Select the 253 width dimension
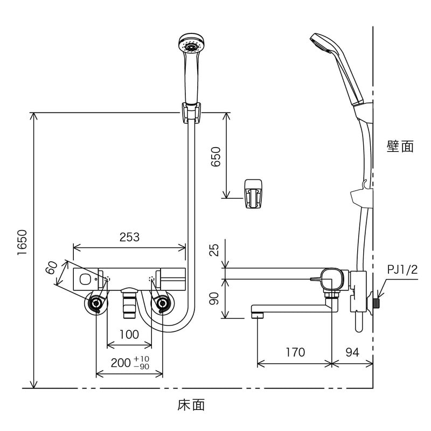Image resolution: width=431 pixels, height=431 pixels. pos(129,237)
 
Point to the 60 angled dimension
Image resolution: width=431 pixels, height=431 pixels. pos(52,267)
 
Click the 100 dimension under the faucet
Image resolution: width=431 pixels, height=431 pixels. pos(129,334)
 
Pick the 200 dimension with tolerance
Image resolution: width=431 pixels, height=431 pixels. pos(129,362)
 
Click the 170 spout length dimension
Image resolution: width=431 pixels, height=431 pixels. pos(294,352)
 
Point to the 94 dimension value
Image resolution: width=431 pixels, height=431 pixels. pos(352,352)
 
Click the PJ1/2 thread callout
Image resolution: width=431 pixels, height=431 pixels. pos(402,270)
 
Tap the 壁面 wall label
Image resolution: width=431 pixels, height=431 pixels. pos(400,146)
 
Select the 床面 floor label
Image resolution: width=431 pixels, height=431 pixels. pos(191,405)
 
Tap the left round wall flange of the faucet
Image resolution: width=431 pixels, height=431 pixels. pos(96,304)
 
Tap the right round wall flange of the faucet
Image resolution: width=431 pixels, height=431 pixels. pos(162,304)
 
